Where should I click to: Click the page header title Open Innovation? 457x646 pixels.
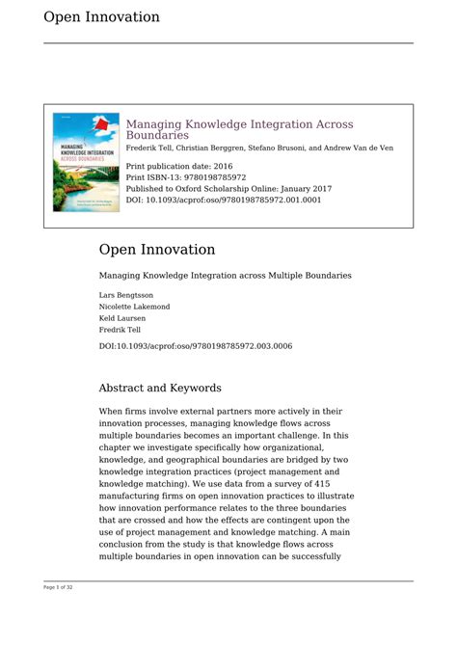(101, 17)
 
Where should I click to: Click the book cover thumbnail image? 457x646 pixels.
(86, 162)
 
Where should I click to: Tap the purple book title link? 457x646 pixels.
(239, 129)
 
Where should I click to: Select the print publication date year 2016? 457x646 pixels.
(220, 166)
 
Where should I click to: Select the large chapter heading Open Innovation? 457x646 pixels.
(156, 250)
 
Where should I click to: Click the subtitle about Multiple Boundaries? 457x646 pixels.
(225, 276)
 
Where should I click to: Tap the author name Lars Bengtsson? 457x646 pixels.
(125, 295)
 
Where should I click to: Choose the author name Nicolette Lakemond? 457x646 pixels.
(134, 307)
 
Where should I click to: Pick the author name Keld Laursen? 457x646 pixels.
(121, 318)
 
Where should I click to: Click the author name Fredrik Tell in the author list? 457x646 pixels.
(120, 330)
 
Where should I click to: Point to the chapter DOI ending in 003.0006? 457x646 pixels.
(196, 346)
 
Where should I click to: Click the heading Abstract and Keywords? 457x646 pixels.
(160, 388)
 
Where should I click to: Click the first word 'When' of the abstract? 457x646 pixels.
(112, 411)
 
